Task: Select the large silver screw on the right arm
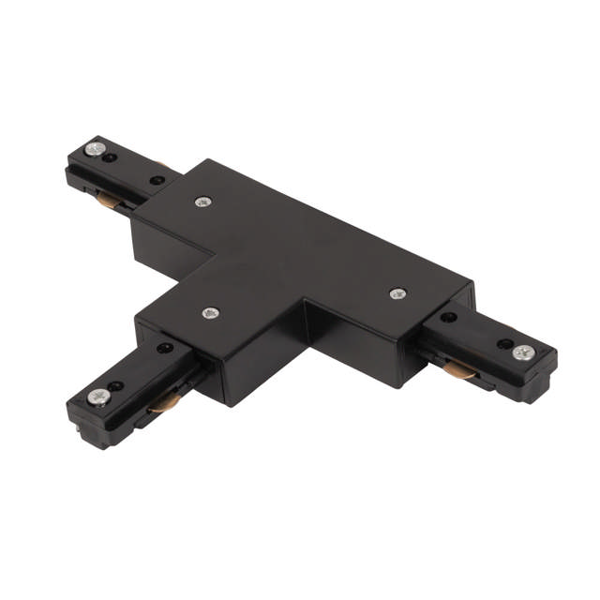tap(523, 352)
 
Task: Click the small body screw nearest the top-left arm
tap(202, 202)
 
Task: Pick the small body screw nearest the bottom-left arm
tap(210, 312)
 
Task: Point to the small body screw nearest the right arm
tap(397, 293)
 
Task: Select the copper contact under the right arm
tap(460, 373)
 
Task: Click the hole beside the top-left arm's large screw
tap(112, 157)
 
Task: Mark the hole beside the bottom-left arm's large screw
tap(117, 385)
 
